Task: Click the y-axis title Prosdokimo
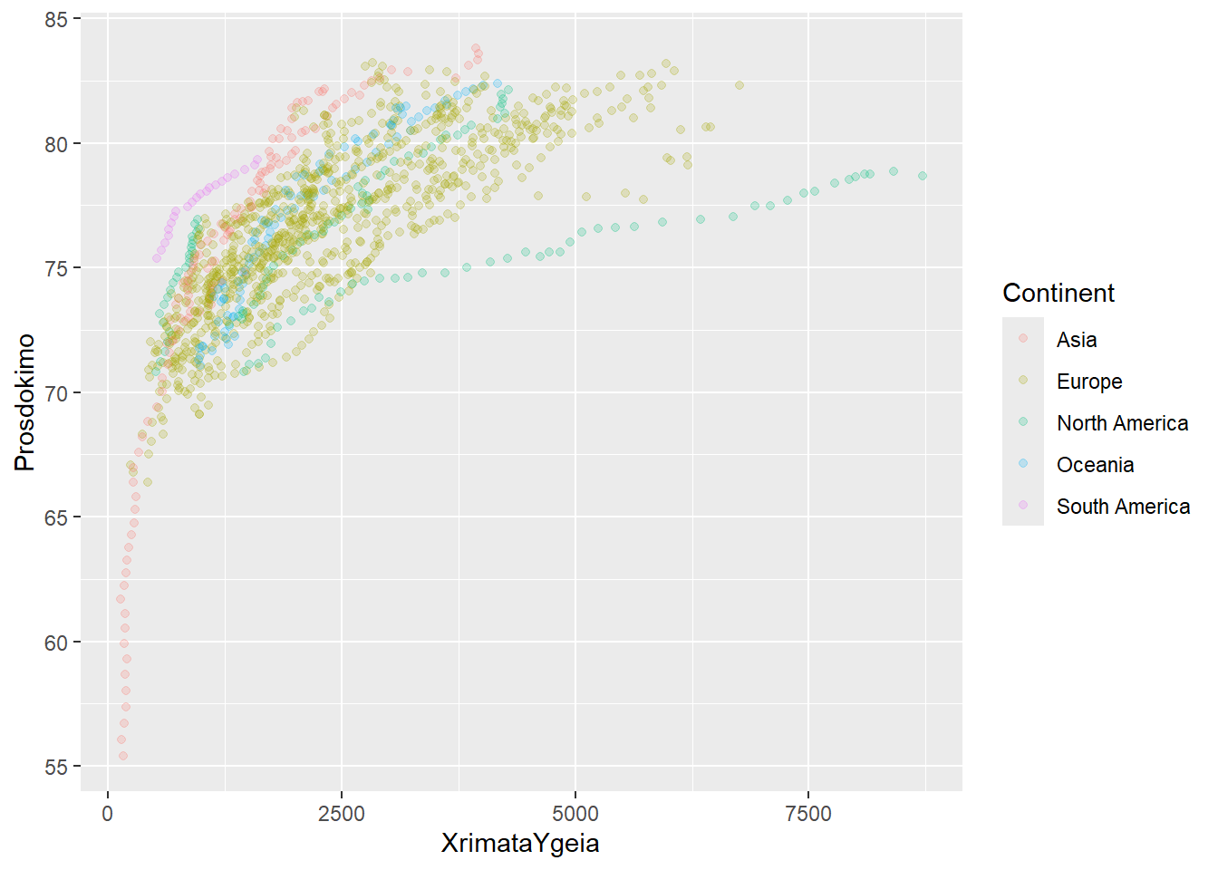(x=24, y=402)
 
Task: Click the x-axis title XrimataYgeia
(x=520, y=844)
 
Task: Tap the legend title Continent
(x=1058, y=293)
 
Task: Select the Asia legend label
(x=1076, y=340)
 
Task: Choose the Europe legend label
(x=1088, y=382)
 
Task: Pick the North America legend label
(x=1122, y=423)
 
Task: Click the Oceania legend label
(x=1095, y=465)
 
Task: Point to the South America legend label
(x=1123, y=507)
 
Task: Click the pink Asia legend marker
(x=1023, y=338)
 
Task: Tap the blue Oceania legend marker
(x=1023, y=463)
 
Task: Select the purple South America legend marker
(x=1023, y=505)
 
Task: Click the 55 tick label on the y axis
(x=56, y=767)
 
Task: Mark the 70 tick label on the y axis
(x=56, y=393)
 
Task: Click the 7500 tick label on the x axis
(x=807, y=814)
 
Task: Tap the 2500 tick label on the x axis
(x=341, y=814)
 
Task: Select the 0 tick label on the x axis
(x=108, y=814)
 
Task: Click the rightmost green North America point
(x=923, y=176)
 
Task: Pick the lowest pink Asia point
(x=123, y=756)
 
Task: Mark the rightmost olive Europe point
(x=739, y=85)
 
